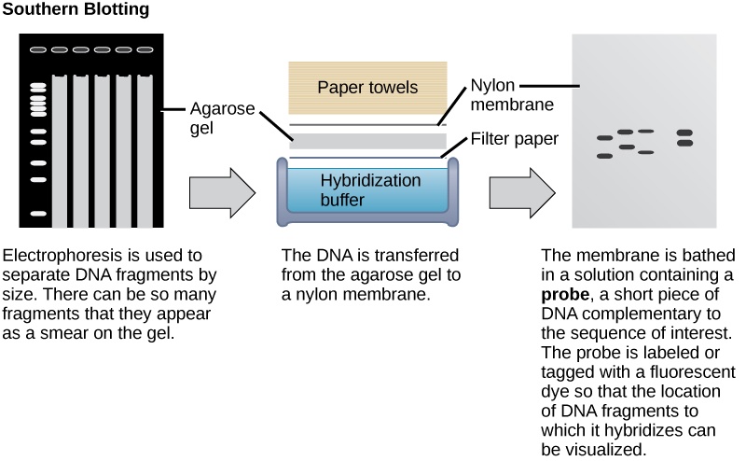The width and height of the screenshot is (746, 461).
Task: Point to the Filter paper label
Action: click(x=514, y=139)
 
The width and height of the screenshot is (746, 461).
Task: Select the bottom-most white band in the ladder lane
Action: click(x=38, y=214)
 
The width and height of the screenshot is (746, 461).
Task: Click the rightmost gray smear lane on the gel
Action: click(x=145, y=149)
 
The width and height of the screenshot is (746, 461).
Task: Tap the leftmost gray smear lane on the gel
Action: click(x=59, y=149)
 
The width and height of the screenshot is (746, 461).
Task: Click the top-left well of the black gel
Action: click(x=38, y=49)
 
